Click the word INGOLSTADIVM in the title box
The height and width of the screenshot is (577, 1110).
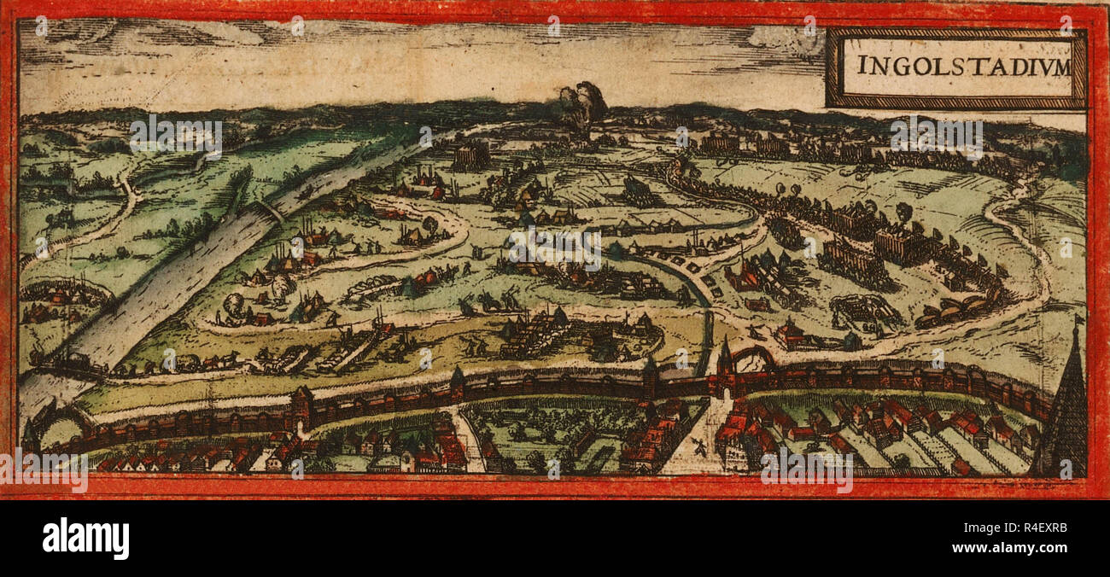(x=963, y=66)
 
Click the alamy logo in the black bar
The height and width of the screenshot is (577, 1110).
(x=85, y=539)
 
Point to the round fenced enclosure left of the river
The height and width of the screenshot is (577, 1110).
(x=64, y=294)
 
